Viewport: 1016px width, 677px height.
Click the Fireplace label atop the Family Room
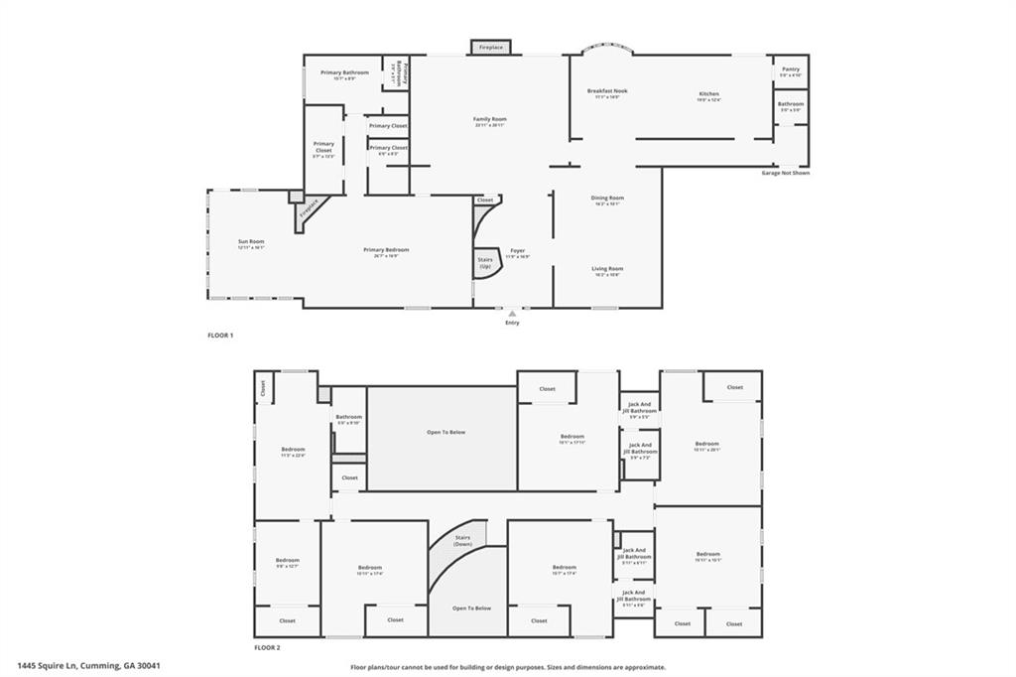491,48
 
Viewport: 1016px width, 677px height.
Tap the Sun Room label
251,242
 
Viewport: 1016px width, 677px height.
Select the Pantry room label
790,69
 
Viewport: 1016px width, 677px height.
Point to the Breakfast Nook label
607,91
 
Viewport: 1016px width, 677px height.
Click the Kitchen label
708,94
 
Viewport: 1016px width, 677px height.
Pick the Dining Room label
607,199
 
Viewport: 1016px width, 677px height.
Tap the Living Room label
607,269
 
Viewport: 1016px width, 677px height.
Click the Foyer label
518,250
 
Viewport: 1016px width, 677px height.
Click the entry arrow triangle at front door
512,314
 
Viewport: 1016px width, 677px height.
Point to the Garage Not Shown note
785,173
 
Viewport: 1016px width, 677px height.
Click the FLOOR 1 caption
220,336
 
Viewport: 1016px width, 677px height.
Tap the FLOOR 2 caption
267,646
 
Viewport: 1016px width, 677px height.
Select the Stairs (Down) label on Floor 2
462,541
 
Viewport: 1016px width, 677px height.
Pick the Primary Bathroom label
344,72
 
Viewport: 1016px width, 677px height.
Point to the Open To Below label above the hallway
445,432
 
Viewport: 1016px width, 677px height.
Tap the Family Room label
490,119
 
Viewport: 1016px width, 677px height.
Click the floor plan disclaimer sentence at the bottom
507,667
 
